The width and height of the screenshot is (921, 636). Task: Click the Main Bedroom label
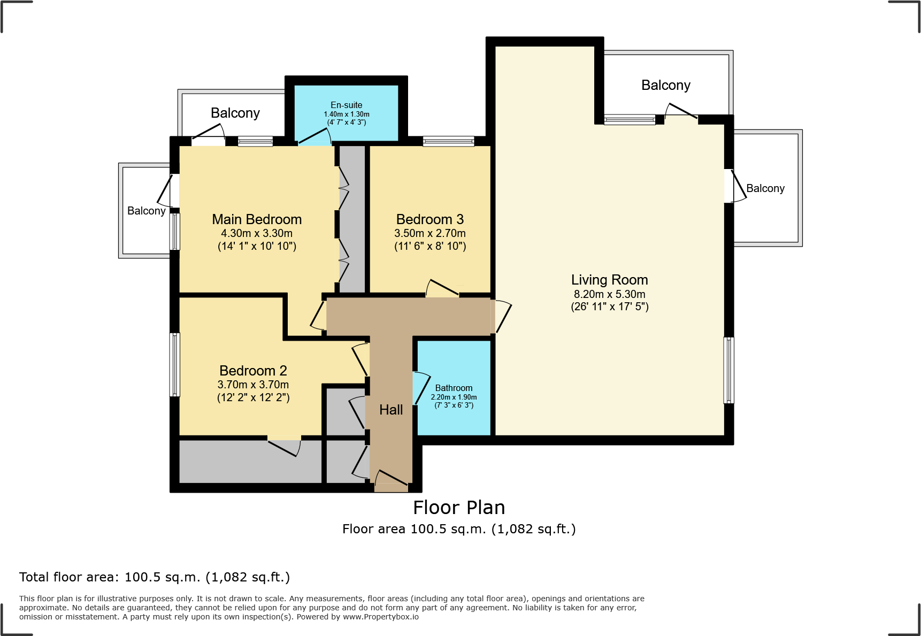(257, 219)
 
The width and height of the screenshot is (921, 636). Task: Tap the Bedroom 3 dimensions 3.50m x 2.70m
(430, 234)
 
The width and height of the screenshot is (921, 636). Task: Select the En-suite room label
(346, 105)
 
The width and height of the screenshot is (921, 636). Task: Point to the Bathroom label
(454, 388)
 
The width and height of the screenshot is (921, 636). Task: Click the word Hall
(391, 410)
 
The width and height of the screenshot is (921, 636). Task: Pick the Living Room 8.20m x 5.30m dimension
(609, 294)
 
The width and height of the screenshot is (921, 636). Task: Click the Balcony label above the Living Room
(665, 86)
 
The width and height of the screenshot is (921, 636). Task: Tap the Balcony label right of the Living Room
(765, 188)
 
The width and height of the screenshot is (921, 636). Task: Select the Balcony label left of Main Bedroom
(146, 211)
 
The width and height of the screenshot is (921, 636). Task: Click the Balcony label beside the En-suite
(235, 113)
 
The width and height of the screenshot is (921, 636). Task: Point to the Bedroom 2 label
(253, 371)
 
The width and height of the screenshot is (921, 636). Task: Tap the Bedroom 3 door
(443, 288)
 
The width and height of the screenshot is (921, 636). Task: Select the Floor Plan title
(459, 508)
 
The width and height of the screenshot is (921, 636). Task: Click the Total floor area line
(155, 577)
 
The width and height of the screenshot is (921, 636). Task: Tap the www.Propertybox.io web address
(380, 617)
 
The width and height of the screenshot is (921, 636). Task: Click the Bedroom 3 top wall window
(448, 141)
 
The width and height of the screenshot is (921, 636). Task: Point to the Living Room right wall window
(728, 370)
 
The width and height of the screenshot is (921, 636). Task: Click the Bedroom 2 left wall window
(175, 365)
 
